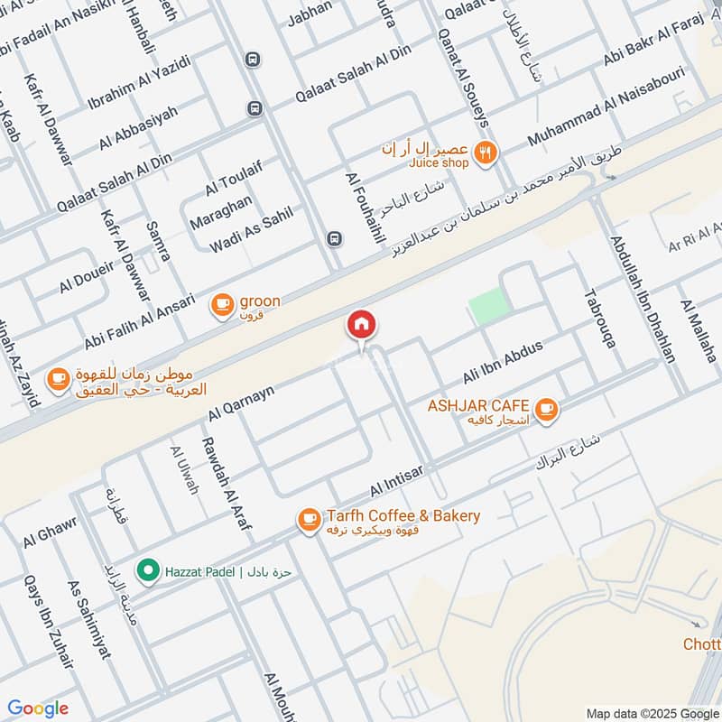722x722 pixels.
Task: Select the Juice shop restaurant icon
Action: point(486,153)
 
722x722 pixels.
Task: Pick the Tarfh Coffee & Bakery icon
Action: point(309,519)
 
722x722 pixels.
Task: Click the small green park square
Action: point(485,308)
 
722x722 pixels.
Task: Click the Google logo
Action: point(38,708)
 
